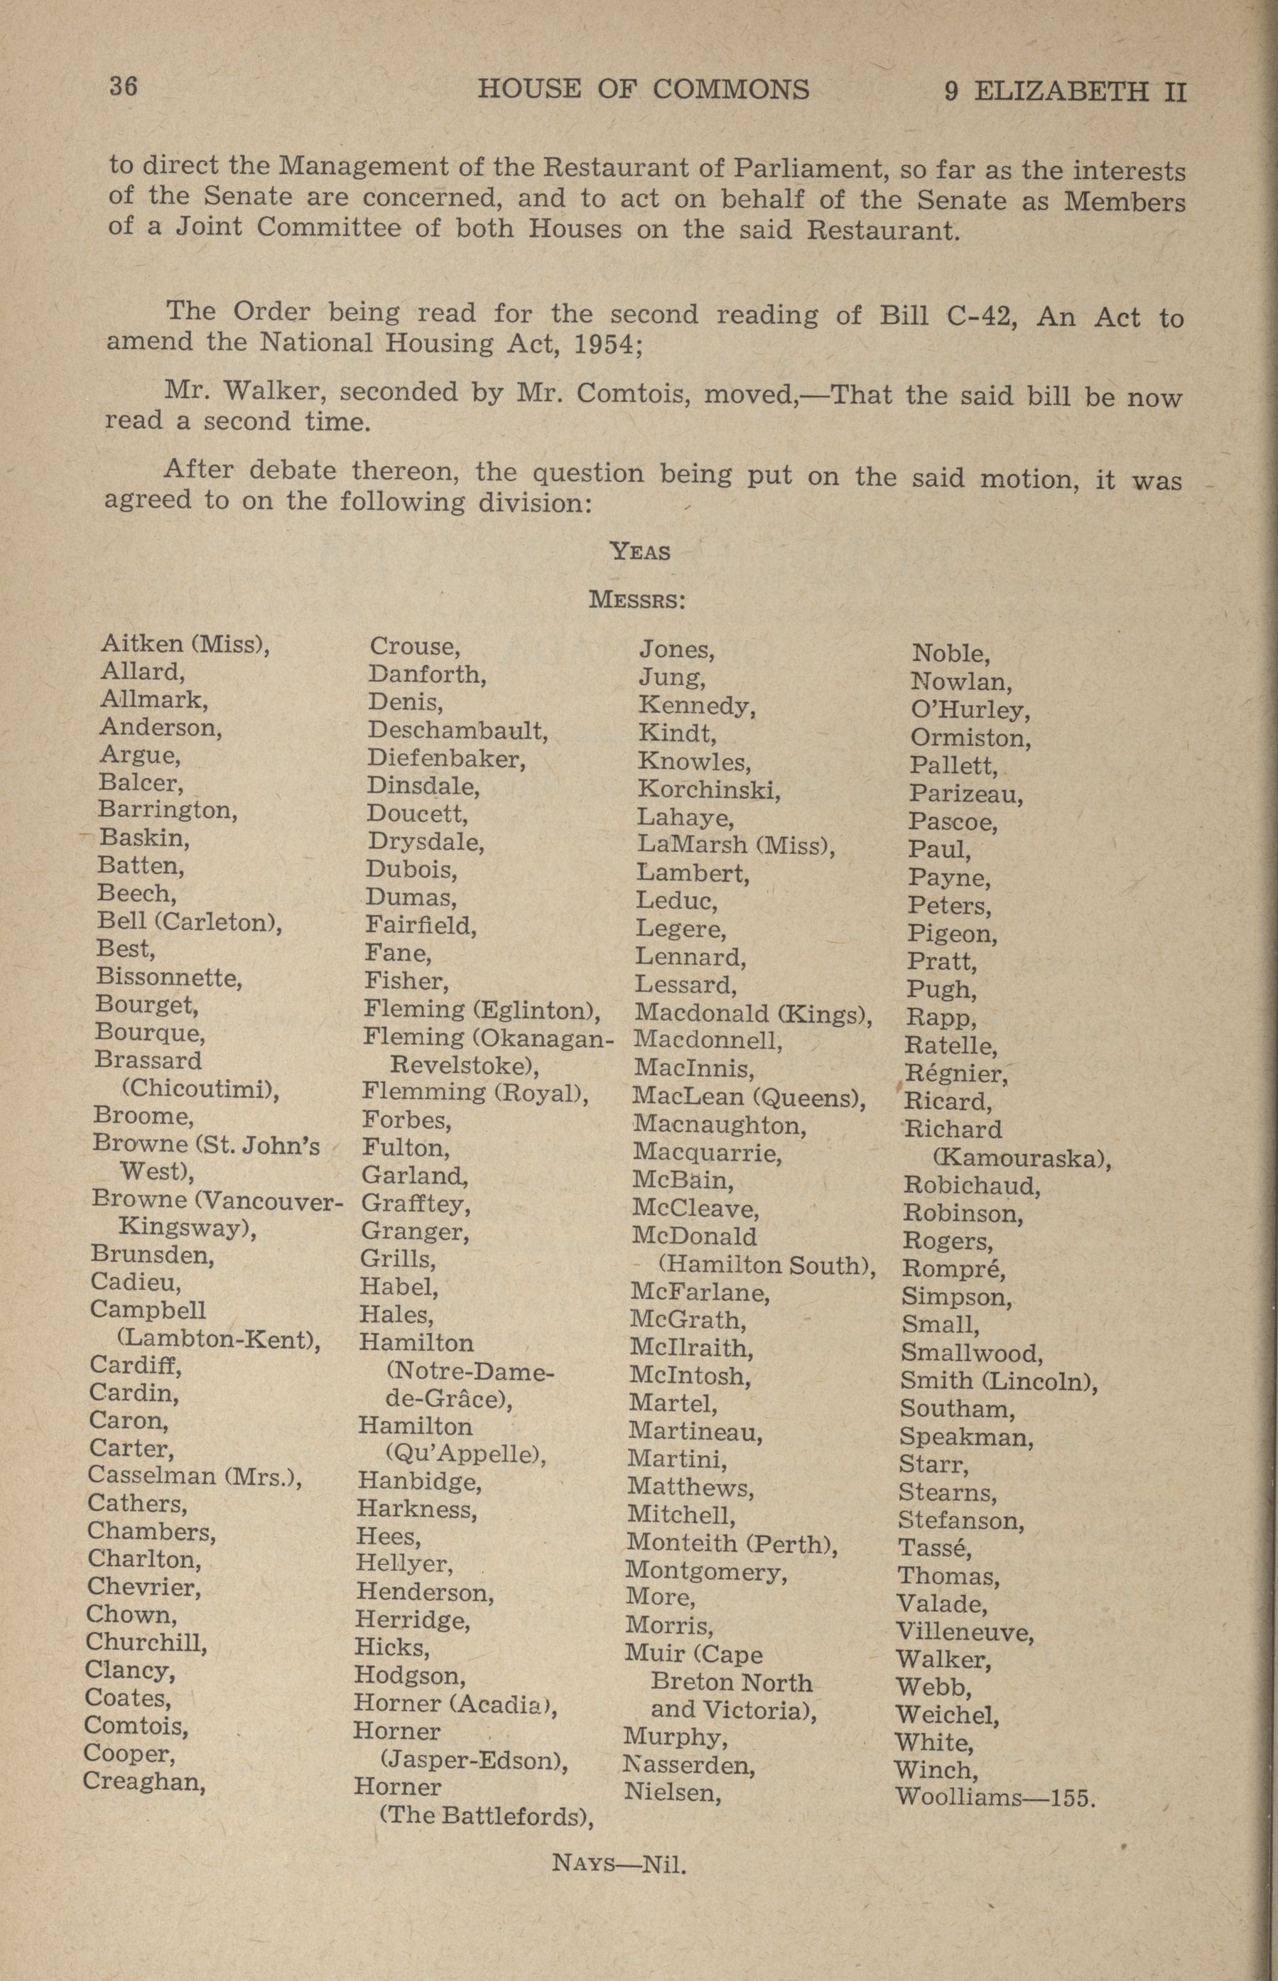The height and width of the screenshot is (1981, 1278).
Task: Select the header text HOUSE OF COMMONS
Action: point(643,90)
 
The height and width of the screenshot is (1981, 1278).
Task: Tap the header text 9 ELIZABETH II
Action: point(1066,91)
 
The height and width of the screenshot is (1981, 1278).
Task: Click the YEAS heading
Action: point(640,551)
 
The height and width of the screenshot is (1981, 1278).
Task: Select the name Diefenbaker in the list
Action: point(446,759)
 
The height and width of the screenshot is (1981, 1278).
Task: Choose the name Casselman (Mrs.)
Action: point(194,1477)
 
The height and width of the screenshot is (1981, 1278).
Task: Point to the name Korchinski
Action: point(709,789)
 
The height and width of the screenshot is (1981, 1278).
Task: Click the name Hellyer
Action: point(404,1563)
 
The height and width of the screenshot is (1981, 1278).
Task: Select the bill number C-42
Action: point(982,316)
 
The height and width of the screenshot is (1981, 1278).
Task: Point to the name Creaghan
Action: point(143,1781)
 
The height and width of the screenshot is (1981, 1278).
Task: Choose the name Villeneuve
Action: point(965,1632)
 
